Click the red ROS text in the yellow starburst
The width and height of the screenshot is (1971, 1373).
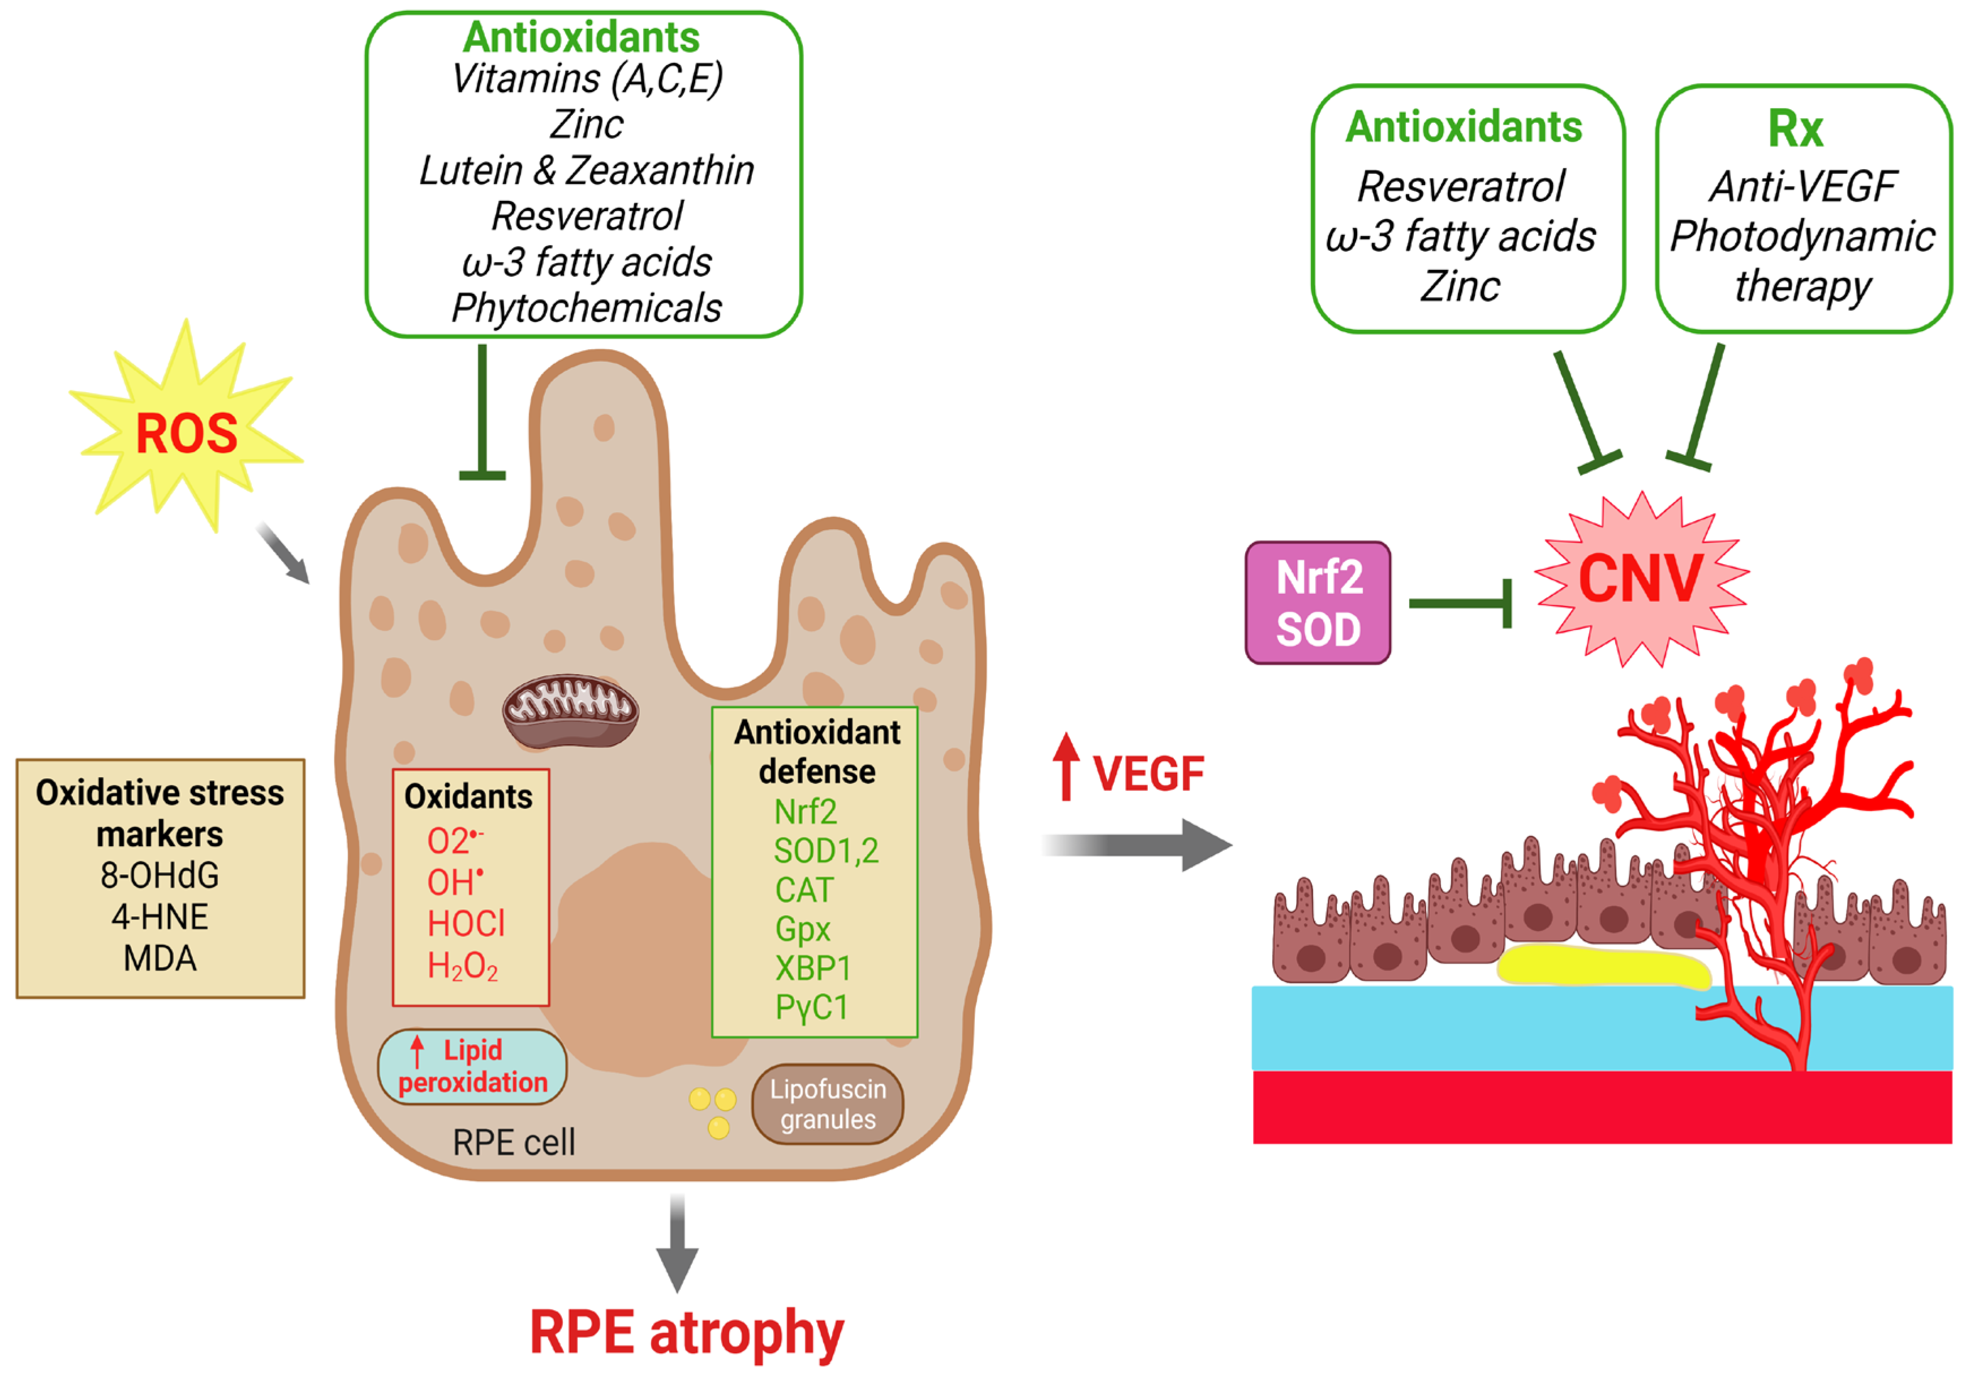[186, 433]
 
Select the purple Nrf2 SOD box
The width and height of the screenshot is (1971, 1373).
[1318, 603]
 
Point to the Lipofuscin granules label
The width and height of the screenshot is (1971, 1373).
[828, 1104]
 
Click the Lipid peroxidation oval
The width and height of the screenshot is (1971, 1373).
[472, 1066]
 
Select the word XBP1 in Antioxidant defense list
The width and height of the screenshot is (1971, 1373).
[812, 968]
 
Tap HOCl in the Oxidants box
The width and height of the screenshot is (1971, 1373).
[466, 924]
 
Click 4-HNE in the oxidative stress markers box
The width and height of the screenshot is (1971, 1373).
[160, 917]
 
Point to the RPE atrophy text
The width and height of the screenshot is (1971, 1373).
[687, 1333]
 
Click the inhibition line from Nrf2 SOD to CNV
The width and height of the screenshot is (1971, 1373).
[1460, 604]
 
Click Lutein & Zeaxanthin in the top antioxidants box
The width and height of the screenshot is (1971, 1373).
[586, 170]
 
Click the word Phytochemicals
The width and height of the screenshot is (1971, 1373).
[586, 307]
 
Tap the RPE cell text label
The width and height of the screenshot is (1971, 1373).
[513, 1142]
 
